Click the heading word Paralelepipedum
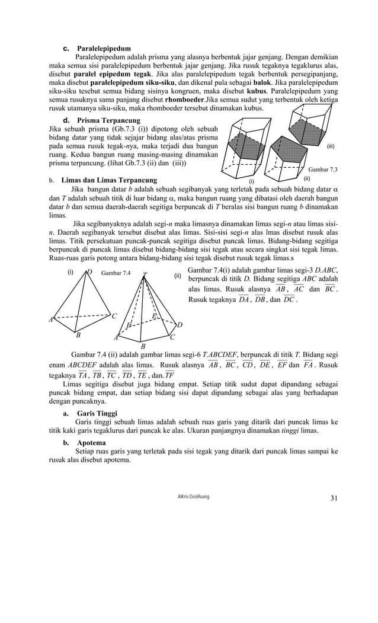point(104,48)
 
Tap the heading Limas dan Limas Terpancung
point(110,180)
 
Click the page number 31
point(334,497)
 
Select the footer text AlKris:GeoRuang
point(189,496)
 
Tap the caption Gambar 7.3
point(323,170)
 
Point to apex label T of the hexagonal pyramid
point(144,275)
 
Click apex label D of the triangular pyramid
point(89,273)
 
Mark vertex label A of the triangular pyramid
point(52,320)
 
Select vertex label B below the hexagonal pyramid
point(143,346)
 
